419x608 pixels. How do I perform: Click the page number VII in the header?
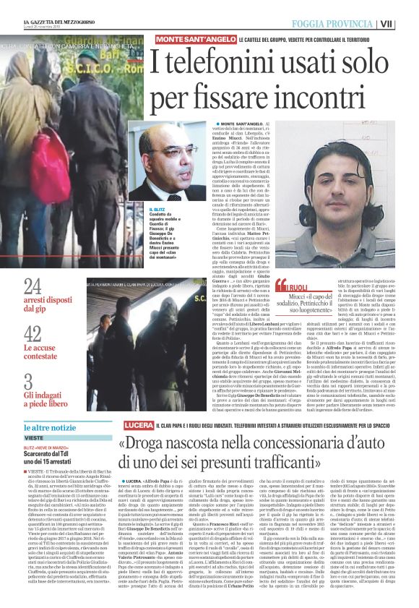click(x=407, y=23)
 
